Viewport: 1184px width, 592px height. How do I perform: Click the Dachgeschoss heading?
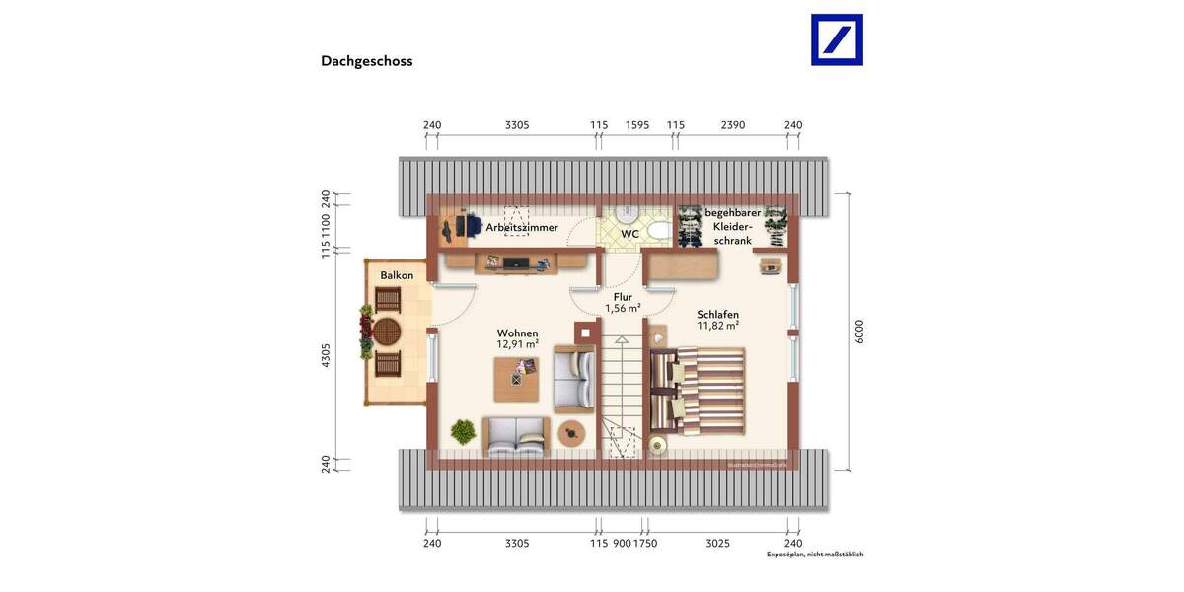(x=366, y=61)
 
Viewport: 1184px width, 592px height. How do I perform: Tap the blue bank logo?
(x=837, y=39)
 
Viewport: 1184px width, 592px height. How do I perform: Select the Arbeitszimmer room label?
(x=521, y=228)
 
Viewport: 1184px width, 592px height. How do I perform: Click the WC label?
(x=629, y=235)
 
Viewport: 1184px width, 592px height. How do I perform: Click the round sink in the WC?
(x=625, y=216)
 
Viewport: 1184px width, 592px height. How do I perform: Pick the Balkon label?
(x=397, y=275)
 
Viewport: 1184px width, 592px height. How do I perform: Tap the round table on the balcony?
(x=388, y=330)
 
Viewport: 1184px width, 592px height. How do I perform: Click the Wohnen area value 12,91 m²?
(x=517, y=344)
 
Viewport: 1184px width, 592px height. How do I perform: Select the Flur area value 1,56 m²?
(x=623, y=309)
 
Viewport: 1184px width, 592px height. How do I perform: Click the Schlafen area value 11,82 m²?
(x=717, y=326)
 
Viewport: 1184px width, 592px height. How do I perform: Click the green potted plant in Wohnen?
(x=462, y=431)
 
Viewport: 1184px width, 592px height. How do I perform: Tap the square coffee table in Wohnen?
(x=517, y=378)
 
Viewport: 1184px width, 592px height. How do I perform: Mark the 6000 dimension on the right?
(x=859, y=332)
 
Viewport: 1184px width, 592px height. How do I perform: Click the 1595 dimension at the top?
(x=637, y=125)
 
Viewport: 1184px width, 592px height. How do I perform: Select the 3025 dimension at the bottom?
(x=718, y=544)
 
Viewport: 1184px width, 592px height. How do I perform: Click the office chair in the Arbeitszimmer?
(x=453, y=228)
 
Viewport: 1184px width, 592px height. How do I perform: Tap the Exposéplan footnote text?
(x=814, y=555)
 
